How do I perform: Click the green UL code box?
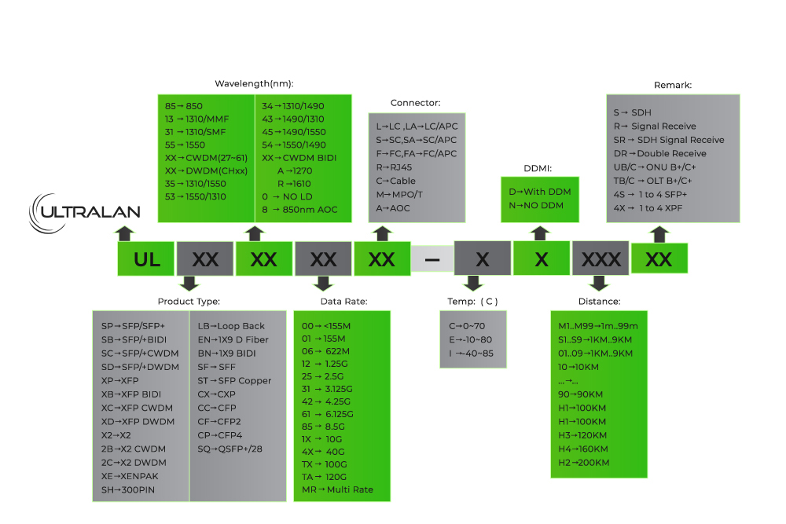click(146, 259)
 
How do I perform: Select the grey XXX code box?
click(601, 259)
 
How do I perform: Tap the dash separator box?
click(432, 259)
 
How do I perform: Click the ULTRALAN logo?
click(85, 211)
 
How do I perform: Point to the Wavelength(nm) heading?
click(254, 83)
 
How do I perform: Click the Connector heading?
click(415, 103)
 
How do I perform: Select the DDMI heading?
click(538, 168)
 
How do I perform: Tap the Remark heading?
click(673, 85)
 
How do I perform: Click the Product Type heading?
click(189, 301)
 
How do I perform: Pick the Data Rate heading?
click(343, 301)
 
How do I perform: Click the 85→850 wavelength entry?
click(184, 105)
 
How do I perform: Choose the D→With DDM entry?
click(540, 192)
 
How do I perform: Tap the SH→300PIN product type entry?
click(128, 490)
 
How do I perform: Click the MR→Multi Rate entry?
click(337, 490)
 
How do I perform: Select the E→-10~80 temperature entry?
click(470, 339)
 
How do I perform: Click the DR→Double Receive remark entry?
click(659, 153)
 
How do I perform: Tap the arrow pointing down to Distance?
click(600, 284)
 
